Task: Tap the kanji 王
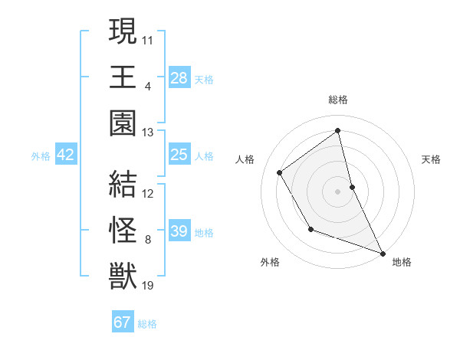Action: tap(123, 77)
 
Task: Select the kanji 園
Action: tap(123, 122)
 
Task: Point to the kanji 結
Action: tap(123, 185)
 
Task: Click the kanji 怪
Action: tap(123, 230)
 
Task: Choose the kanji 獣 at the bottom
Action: tap(123, 275)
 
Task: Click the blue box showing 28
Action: tap(179, 77)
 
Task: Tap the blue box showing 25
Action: tap(179, 155)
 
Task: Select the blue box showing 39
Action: tap(179, 232)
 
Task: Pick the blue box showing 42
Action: tap(66, 155)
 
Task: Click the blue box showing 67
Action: tap(123, 322)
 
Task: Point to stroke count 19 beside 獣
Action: tap(149, 286)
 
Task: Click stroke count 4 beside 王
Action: tap(147, 87)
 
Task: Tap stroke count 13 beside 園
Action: tap(148, 133)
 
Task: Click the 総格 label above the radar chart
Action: tap(338, 100)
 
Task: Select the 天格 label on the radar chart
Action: tap(432, 159)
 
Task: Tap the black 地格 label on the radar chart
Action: tap(402, 262)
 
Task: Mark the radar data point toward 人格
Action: tap(280, 172)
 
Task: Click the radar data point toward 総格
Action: tap(338, 131)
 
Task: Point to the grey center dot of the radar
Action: tap(338, 191)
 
